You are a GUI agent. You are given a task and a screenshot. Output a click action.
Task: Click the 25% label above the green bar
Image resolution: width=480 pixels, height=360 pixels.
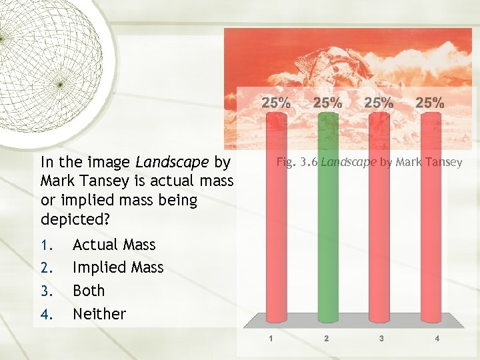(327, 103)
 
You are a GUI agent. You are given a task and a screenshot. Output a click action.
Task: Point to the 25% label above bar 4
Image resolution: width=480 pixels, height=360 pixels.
(430, 103)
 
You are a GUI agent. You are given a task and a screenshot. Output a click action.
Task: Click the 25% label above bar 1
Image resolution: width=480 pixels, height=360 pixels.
(275, 103)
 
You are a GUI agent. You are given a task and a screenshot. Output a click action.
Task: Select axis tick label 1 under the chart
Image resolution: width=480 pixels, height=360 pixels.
(271, 339)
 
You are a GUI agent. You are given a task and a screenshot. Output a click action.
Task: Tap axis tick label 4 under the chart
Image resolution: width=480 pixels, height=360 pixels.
(437, 339)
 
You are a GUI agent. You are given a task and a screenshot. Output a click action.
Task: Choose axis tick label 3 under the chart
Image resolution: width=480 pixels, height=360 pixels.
(381, 339)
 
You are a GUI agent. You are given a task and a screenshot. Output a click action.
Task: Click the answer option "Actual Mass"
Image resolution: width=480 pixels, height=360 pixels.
(114, 245)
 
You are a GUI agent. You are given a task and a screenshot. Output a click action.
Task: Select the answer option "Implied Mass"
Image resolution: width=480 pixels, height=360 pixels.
(118, 267)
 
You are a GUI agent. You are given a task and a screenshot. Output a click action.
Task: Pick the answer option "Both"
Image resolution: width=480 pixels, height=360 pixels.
(89, 290)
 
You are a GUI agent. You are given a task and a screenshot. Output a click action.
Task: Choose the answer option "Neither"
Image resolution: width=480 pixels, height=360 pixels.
(99, 313)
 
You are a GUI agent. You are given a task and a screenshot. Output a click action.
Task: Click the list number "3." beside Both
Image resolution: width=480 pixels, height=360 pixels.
(47, 291)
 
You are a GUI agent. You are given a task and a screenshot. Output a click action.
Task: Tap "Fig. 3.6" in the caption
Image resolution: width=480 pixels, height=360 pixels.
(297, 161)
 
